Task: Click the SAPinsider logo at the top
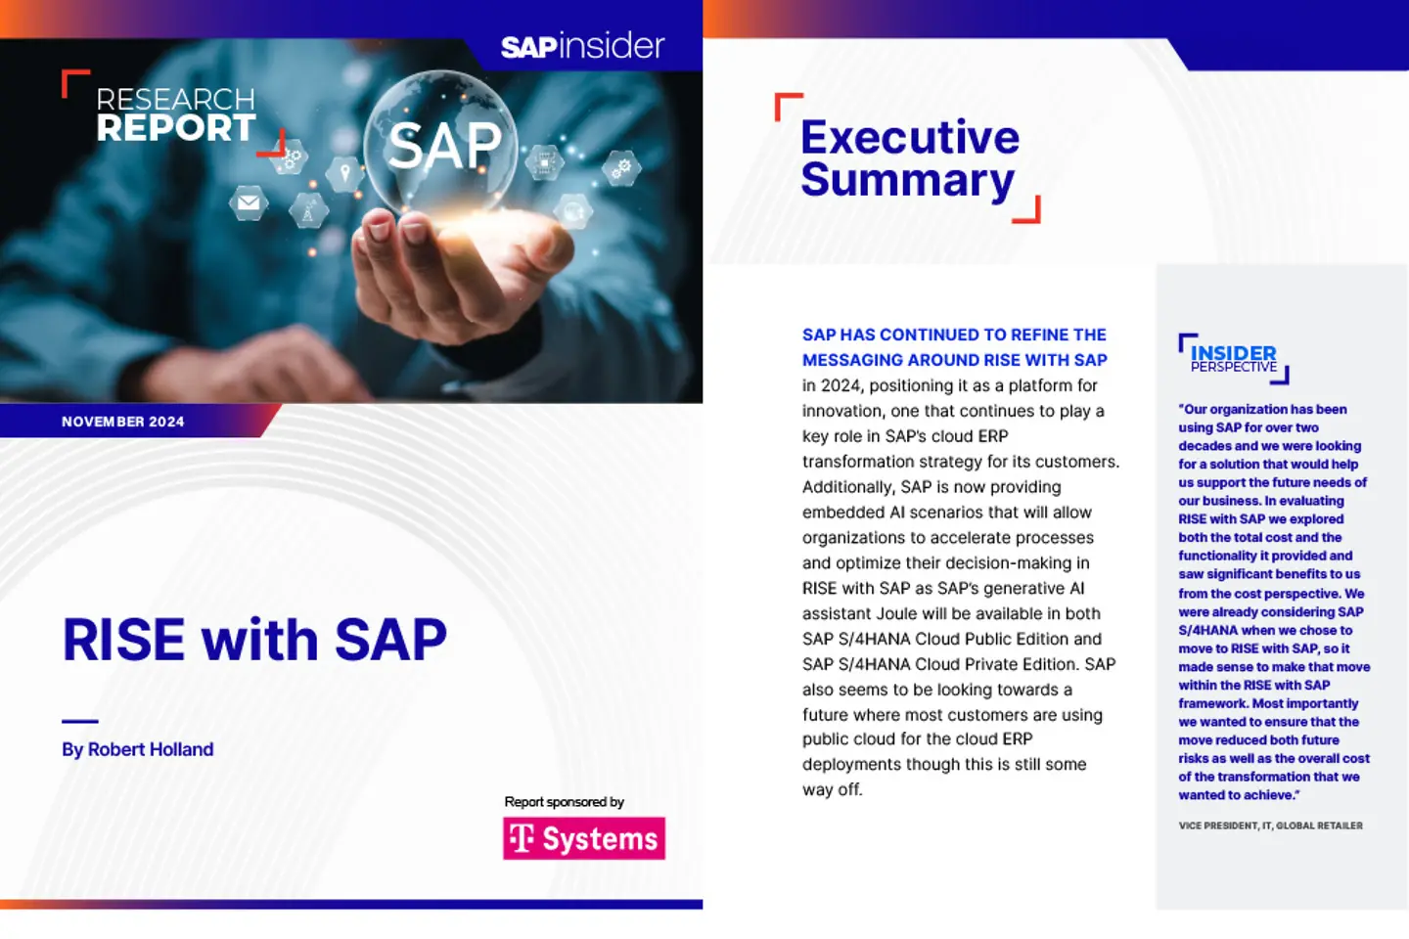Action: (582, 46)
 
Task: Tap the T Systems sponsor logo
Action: (584, 838)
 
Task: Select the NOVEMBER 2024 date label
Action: (123, 422)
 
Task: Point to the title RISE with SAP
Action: (254, 640)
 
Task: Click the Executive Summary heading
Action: (909, 158)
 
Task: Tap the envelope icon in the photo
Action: (249, 202)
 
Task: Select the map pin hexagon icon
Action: (344, 173)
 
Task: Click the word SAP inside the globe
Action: (444, 147)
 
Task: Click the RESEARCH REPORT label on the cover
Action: (175, 114)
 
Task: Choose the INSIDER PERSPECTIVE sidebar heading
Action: (1233, 358)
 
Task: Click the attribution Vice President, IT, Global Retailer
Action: (1270, 826)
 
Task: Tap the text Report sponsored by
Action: (564, 802)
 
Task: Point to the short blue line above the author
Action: (80, 721)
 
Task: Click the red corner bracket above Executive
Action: (787, 104)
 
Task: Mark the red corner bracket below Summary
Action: (1027, 211)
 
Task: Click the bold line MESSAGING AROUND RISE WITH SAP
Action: (954, 360)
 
